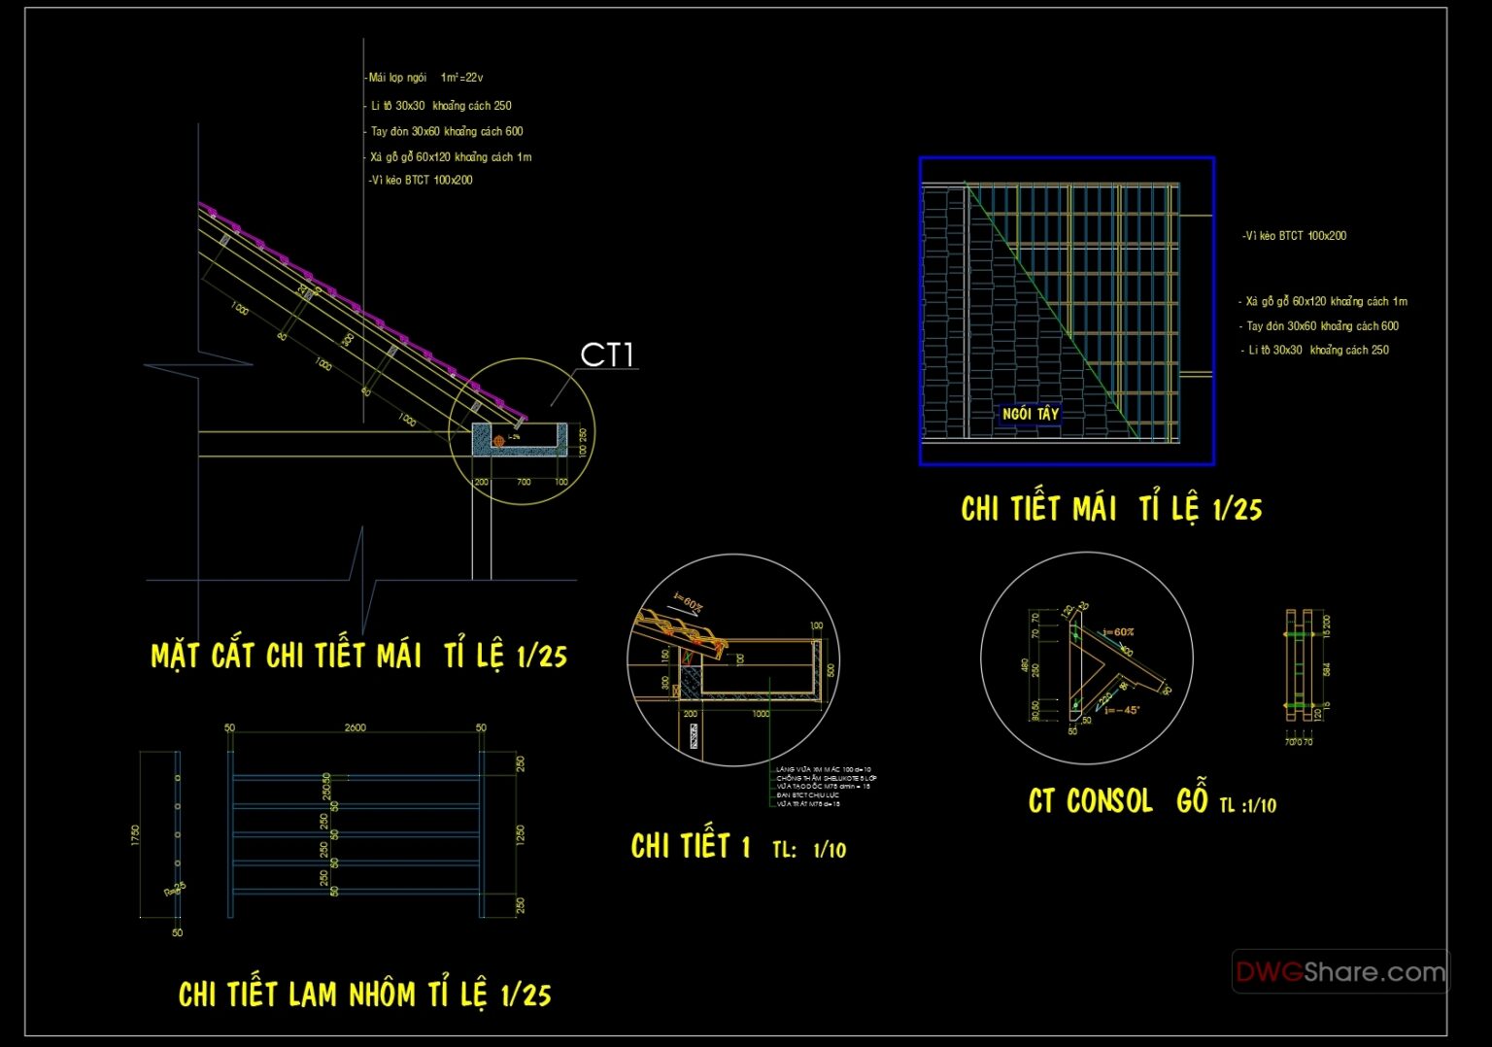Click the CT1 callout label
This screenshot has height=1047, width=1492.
click(606, 355)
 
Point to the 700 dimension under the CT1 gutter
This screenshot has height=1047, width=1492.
click(524, 482)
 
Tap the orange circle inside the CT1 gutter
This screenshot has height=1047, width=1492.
click(499, 441)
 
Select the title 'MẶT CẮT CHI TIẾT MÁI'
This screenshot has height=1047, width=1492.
click(287, 657)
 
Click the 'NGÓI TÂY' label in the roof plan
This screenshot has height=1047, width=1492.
click(1031, 414)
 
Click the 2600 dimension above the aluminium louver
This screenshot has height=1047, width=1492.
click(356, 727)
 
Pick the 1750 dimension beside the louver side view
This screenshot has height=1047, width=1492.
click(135, 835)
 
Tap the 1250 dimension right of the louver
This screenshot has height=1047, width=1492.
click(521, 834)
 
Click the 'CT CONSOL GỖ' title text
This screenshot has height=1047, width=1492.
click(1118, 801)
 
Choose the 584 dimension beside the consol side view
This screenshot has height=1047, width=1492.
click(1327, 669)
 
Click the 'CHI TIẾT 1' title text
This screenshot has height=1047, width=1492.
click(691, 847)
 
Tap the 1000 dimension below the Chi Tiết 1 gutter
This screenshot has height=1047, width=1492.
click(761, 714)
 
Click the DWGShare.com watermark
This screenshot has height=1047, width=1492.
click(1340, 971)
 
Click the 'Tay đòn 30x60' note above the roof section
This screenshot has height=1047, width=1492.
click(447, 132)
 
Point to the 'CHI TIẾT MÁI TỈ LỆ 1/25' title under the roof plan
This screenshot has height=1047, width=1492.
click(1111, 509)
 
